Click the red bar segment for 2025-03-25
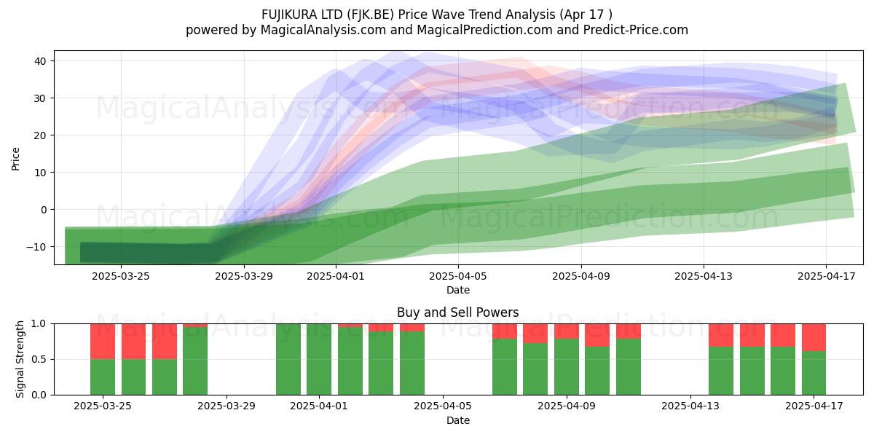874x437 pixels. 103,342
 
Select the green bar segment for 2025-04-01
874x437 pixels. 319,359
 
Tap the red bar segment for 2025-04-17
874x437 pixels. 814,337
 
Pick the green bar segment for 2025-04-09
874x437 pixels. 567,367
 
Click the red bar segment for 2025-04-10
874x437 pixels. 597,335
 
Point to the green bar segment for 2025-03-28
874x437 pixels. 195,361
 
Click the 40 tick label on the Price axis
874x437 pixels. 40,61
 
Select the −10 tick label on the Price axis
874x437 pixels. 36,247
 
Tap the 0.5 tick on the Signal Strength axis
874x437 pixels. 39,359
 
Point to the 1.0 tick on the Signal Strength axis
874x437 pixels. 39,324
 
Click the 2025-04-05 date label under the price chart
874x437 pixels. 458,276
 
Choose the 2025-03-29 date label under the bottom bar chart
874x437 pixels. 227,406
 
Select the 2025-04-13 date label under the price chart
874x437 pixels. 704,276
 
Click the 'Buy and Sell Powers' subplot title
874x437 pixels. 458,312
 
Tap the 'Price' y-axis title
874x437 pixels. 15,159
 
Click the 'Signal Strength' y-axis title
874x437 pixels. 20,359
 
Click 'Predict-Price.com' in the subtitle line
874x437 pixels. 636,30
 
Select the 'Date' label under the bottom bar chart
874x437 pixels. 458,420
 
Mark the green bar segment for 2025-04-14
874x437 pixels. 721,371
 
